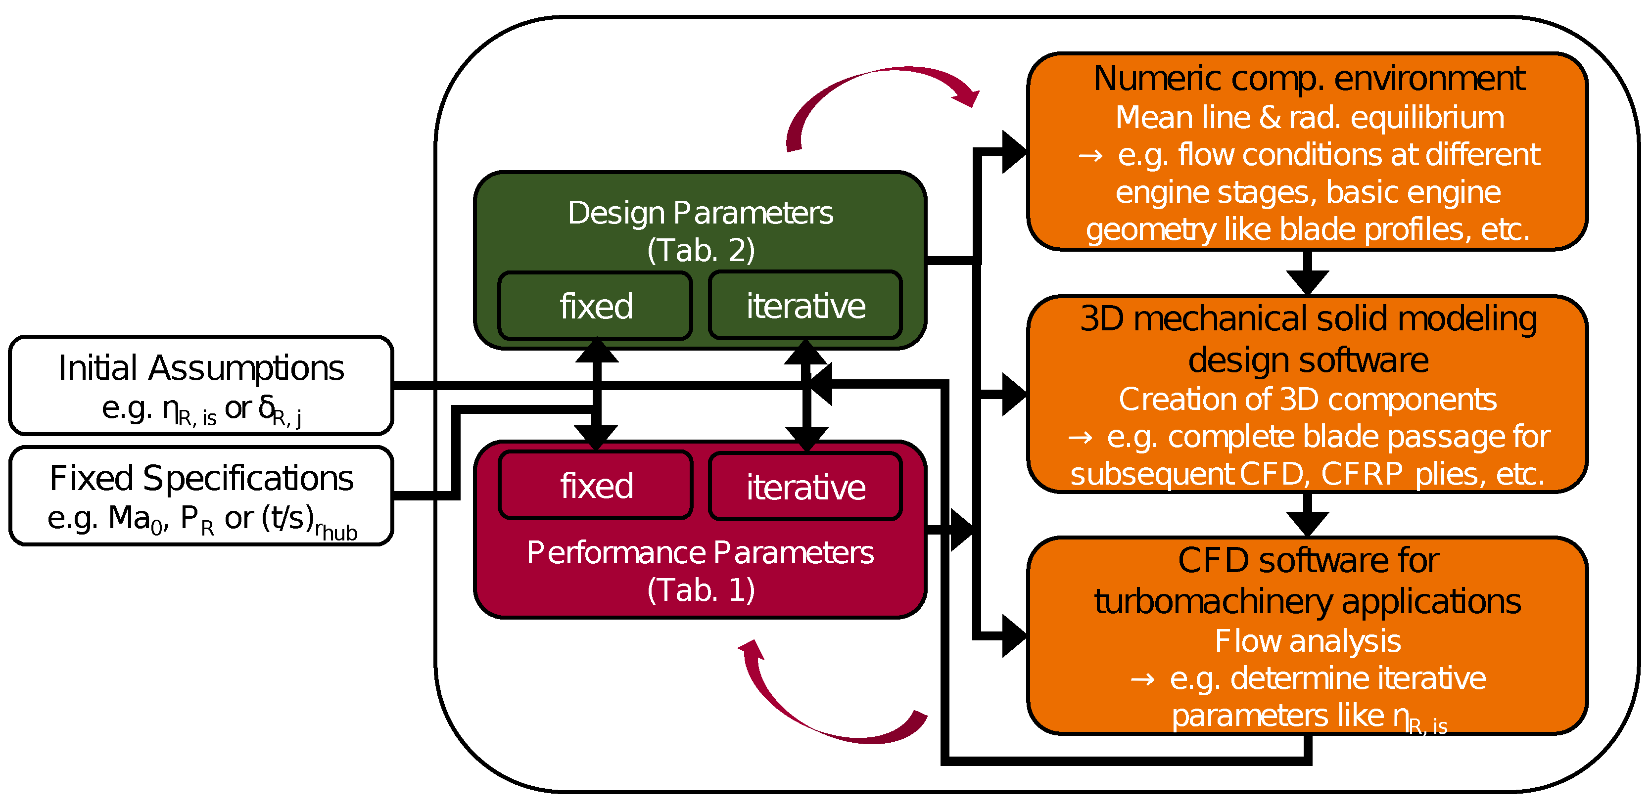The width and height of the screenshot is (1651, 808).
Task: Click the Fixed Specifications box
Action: tap(200, 495)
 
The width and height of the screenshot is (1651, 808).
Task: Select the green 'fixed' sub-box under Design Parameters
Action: tap(595, 306)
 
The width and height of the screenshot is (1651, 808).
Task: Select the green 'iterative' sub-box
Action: tap(805, 306)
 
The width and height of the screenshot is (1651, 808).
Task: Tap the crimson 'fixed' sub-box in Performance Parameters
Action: tap(595, 486)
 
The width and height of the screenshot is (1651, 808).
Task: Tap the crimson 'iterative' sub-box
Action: tap(805, 487)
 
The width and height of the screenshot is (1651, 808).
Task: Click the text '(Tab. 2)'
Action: tap(701, 250)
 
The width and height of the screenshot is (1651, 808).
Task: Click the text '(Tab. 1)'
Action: tap(701, 589)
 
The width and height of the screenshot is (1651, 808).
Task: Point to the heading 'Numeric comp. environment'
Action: tap(1308, 79)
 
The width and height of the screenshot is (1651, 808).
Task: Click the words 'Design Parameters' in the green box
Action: tap(701, 213)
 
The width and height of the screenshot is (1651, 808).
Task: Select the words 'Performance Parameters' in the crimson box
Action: tap(701, 552)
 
